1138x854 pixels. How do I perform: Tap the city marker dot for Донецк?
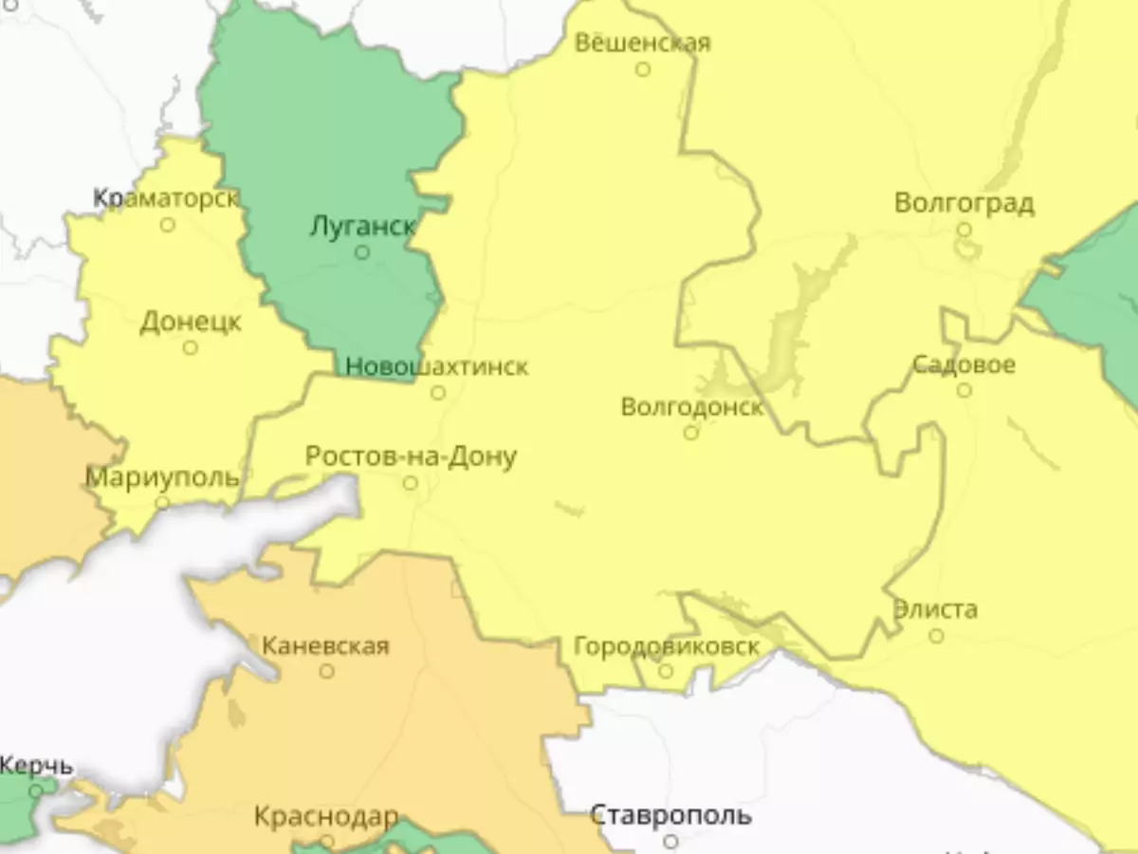(190, 347)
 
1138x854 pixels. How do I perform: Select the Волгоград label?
(964, 204)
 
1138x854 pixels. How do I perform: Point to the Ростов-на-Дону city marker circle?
(410, 483)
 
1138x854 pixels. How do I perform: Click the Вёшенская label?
(643, 44)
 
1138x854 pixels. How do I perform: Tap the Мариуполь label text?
(162, 476)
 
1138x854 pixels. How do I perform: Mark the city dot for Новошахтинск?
(438, 392)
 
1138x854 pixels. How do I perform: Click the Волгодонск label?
(691, 407)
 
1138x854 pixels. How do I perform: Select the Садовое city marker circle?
(964, 390)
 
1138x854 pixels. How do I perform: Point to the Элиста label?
(935, 609)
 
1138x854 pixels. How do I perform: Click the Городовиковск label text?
(666, 647)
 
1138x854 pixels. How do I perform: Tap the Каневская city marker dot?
(326, 671)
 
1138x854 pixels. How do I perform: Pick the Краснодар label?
(326, 816)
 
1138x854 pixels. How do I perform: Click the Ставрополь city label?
(670, 815)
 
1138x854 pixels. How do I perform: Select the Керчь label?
(36, 765)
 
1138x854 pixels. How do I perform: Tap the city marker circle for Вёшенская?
(643, 69)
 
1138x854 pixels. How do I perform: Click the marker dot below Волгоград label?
(964, 230)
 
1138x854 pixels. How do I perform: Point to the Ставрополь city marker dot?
(670, 841)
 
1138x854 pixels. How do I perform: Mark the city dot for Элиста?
(936, 636)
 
